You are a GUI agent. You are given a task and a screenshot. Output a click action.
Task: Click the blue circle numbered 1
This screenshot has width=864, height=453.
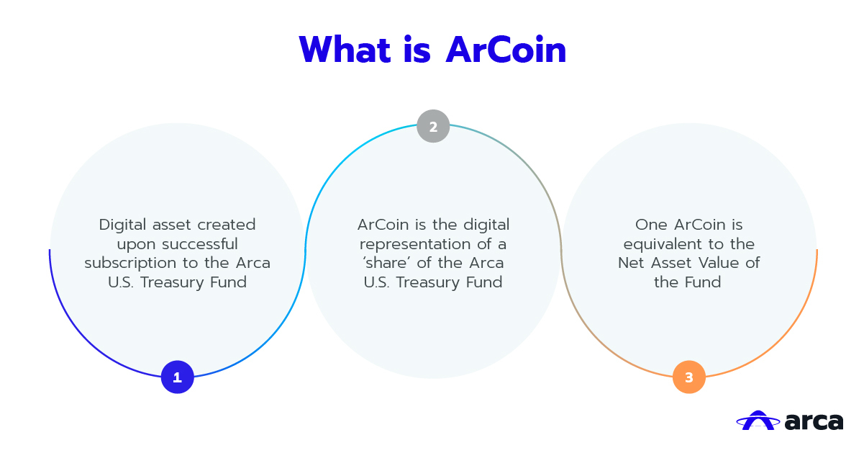coord(178,377)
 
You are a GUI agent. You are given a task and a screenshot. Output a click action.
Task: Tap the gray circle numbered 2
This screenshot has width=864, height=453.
coord(433,126)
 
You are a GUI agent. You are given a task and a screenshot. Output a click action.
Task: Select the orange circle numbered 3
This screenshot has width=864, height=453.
coord(689,377)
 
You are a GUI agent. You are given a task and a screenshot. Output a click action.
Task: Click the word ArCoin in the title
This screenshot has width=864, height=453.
coord(506,50)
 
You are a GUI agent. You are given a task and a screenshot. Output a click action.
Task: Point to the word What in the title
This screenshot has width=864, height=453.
coord(345,50)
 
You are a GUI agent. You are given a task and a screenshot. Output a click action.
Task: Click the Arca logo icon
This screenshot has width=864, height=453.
coord(758,421)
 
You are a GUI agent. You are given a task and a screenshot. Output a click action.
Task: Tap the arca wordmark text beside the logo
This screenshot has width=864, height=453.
coord(814,422)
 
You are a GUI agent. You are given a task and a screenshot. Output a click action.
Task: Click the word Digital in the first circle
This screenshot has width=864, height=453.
coord(123,225)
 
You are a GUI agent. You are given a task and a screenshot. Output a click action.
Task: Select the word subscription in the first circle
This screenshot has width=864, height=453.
coord(131,264)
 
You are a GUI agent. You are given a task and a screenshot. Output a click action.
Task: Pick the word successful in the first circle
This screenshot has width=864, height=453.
coord(200,244)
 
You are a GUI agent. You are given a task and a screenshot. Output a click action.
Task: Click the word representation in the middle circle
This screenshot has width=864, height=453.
coord(414,245)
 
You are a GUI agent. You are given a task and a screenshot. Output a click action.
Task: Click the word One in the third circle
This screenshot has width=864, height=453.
coord(651,225)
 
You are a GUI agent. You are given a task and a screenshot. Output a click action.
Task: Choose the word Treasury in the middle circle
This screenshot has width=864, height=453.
coord(427,283)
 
